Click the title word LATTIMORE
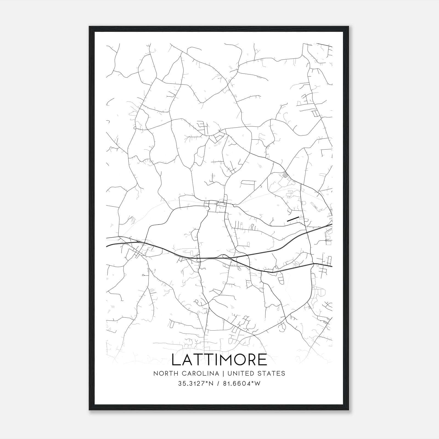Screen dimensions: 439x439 pyautogui.click(x=219, y=360)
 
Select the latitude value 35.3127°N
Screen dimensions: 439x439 pyautogui.click(x=196, y=384)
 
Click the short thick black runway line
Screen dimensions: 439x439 pyautogui.click(x=293, y=219)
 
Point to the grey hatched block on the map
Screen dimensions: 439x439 pyautogui.click(x=286, y=175)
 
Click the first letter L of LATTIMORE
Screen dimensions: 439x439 pyautogui.click(x=175, y=360)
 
